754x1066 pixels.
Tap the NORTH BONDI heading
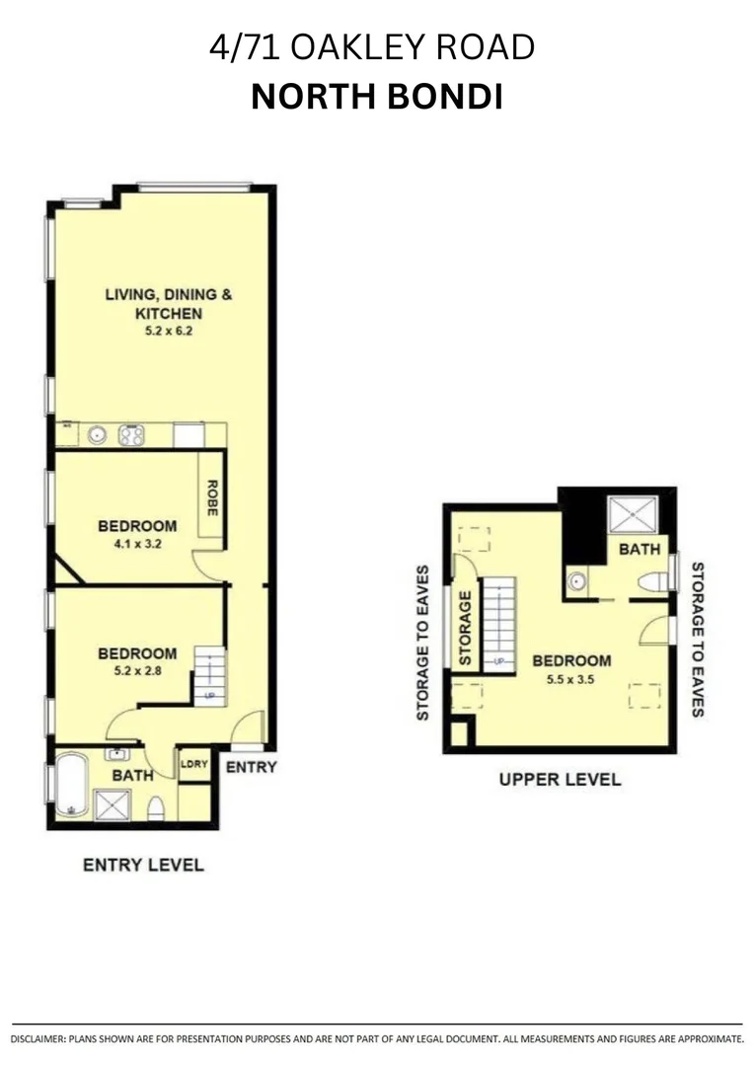376,97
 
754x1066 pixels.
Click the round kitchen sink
98,434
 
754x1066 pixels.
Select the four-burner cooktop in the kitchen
132,434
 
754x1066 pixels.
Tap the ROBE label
211,496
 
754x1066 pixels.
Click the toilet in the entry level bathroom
155,809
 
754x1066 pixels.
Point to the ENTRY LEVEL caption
143,865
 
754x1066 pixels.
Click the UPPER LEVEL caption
560,779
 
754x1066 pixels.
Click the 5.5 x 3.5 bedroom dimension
571,679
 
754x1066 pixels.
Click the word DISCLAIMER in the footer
38,1039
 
